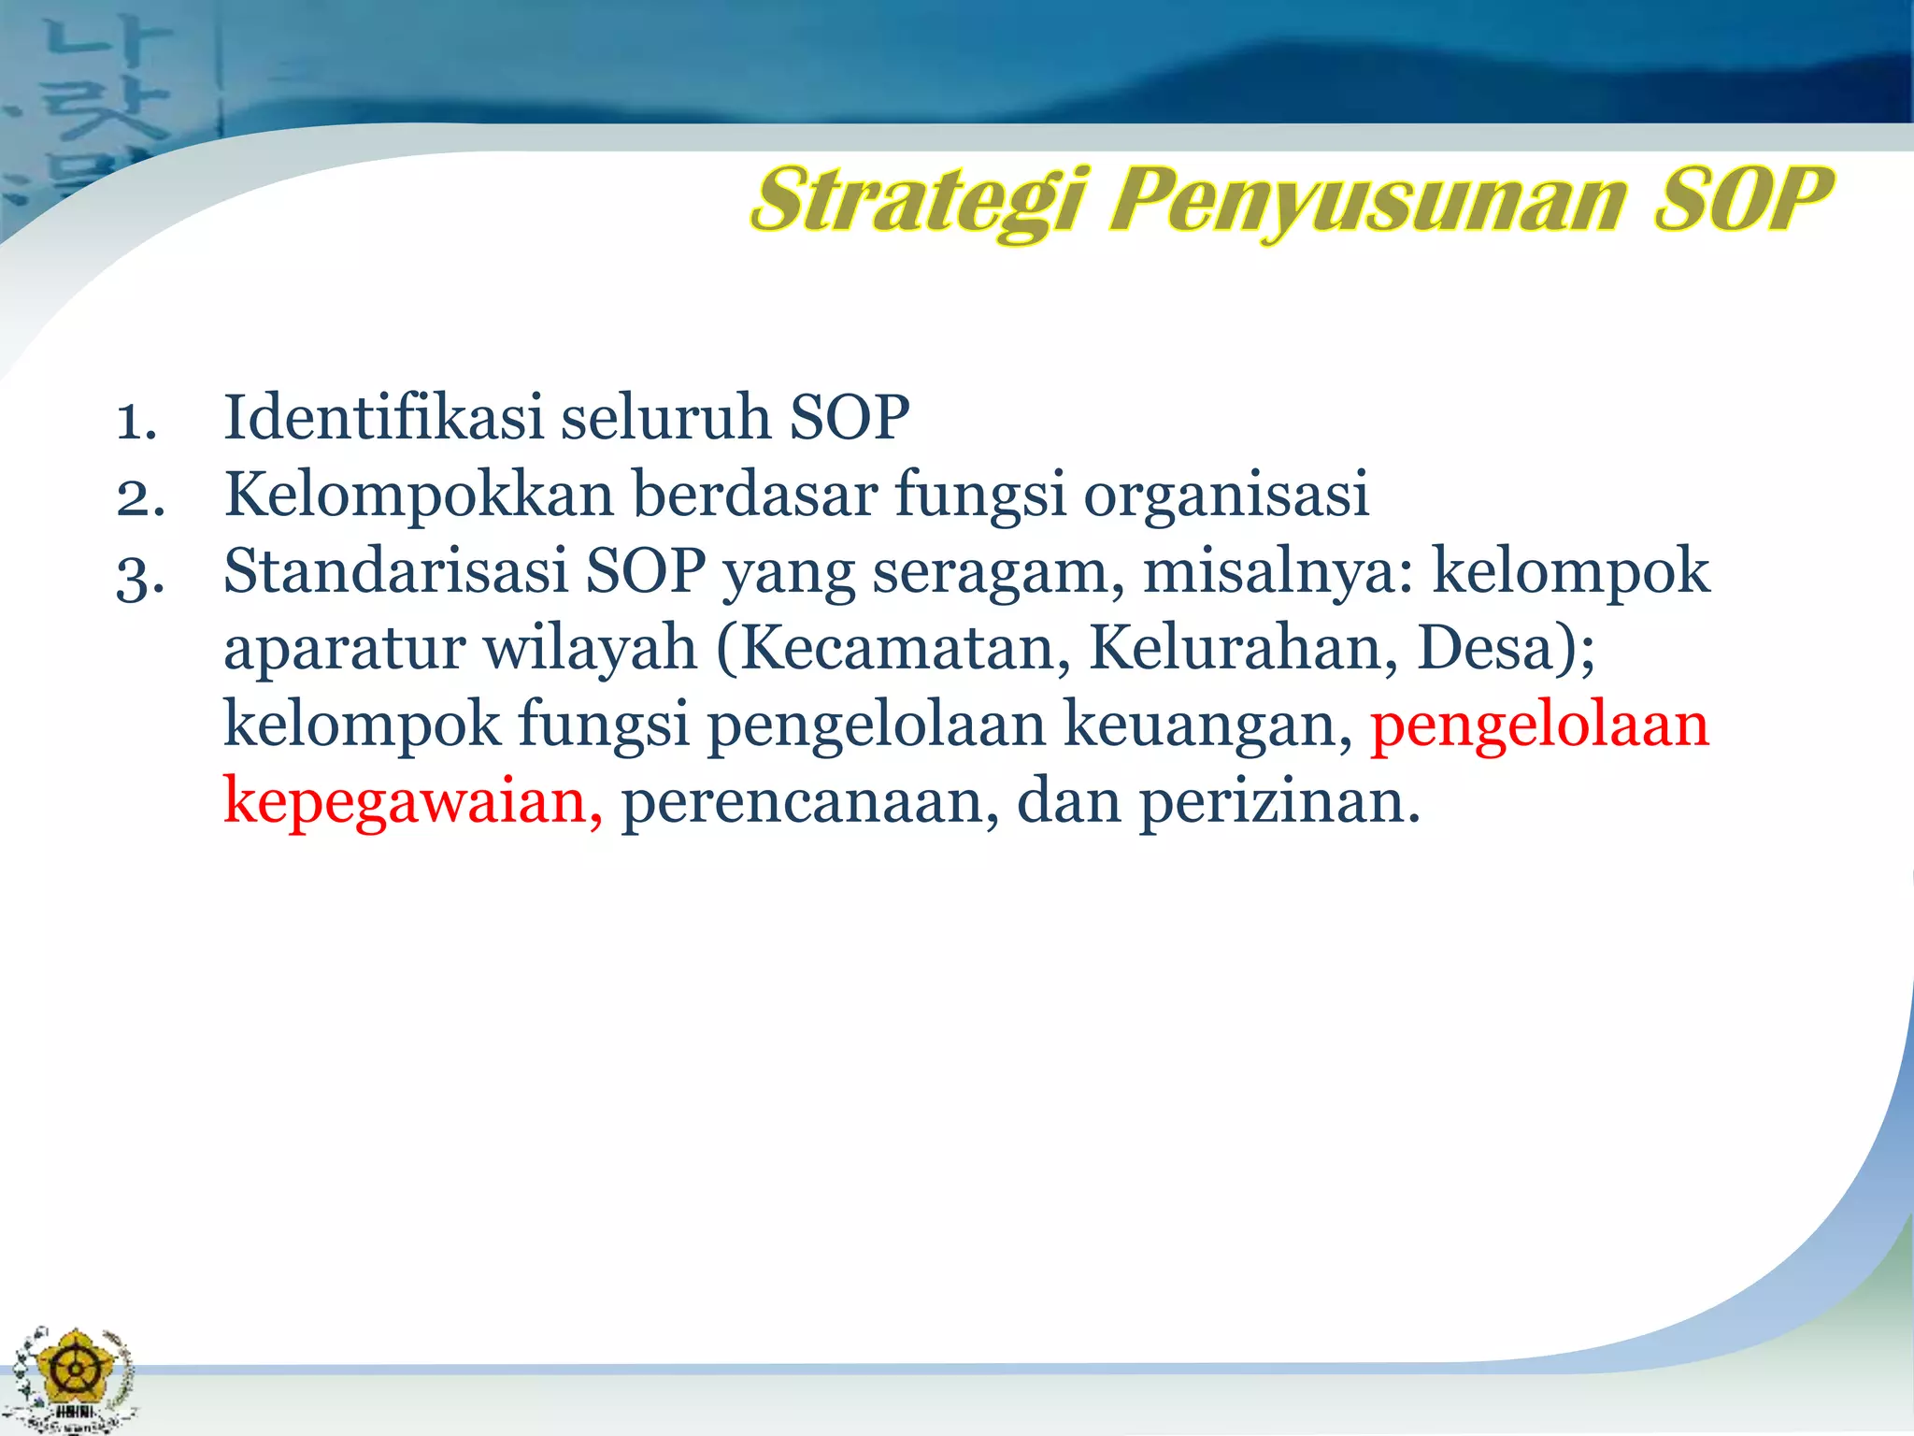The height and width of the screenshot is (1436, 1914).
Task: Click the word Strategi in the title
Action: click(919, 200)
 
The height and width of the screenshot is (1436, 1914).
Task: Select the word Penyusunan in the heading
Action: click(1367, 200)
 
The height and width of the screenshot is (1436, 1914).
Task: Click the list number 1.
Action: click(136, 421)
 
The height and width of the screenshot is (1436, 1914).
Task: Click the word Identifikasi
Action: click(383, 417)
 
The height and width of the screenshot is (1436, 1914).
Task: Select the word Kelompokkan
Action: click(419, 495)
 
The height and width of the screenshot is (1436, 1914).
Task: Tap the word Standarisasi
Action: click(395, 570)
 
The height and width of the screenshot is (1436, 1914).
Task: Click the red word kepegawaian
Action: click(412, 802)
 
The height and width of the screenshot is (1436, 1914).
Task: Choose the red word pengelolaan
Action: click(1539, 725)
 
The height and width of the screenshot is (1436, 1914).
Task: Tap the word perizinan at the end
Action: click(1278, 802)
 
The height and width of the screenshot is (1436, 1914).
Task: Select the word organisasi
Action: click(1225, 495)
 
